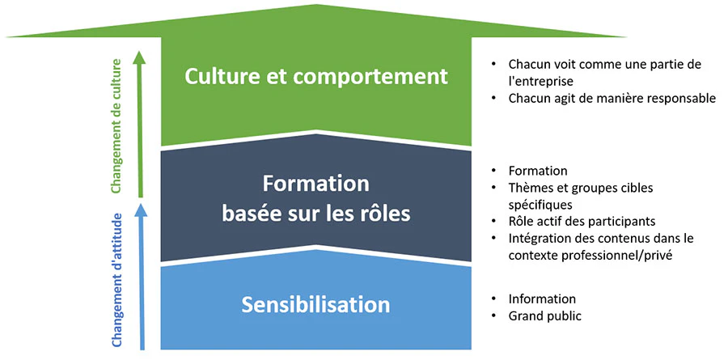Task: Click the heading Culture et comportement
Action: (x=315, y=77)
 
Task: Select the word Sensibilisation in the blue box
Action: (x=315, y=305)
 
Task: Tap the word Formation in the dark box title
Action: (x=315, y=184)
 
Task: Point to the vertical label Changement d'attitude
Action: (x=116, y=280)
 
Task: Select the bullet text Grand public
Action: (x=544, y=317)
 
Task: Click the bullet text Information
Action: (x=542, y=299)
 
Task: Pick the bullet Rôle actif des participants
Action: (x=582, y=221)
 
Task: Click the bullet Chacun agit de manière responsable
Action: (x=612, y=99)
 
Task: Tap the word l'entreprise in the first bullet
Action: (x=541, y=81)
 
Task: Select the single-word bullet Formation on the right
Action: (x=538, y=171)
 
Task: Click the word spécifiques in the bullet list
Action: (x=540, y=205)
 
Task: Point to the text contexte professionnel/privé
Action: (x=590, y=256)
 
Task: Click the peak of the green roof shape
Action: (x=317, y=5)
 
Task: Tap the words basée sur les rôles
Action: (x=315, y=214)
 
